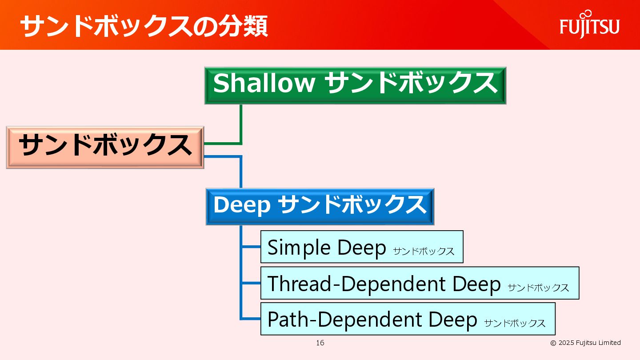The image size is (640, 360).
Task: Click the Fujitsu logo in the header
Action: [589, 26]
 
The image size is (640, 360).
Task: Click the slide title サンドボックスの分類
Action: [144, 26]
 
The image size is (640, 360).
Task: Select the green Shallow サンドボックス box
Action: [355, 85]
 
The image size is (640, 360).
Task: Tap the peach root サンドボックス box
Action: [105, 147]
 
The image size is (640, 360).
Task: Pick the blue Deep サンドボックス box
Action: [320, 206]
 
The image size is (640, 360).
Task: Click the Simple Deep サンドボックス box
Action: [361, 247]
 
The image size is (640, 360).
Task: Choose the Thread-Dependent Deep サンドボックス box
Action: [419, 283]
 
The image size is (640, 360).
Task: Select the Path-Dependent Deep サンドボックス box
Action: [408, 319]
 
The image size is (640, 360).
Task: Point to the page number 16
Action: [320, 343]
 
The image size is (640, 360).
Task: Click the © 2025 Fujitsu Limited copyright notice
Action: [585, 343]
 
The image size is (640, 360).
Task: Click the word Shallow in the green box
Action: [264, 83]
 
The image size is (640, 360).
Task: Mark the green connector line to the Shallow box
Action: [241, 124]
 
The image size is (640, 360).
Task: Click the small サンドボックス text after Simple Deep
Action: [424, 252]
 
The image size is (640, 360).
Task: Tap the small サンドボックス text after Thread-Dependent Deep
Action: [538, 288]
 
